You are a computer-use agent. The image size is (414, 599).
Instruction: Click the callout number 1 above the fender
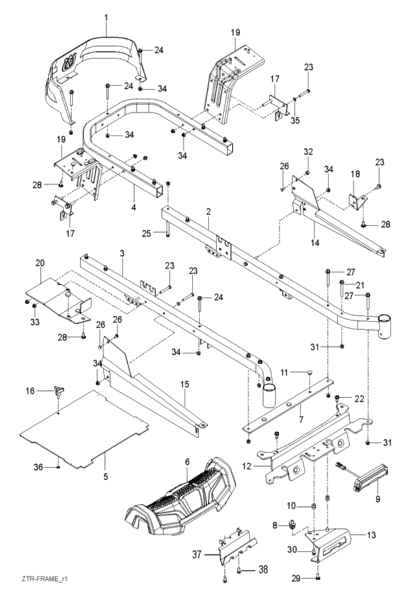click(106, 18)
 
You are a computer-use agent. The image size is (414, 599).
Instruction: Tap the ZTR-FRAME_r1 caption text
click(44, 579)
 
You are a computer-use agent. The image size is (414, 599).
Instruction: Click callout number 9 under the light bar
click(378, 499)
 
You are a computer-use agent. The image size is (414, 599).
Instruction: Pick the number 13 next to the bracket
click(371, 534)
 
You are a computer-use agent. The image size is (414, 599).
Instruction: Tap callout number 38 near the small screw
click(262, 570)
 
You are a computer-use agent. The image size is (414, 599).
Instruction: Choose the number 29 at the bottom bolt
click(296, 579)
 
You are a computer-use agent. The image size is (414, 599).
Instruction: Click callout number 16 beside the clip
click(30, 391)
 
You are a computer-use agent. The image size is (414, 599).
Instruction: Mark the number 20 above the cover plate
click(40, 263)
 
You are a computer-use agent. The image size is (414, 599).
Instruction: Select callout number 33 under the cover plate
click(35, 322)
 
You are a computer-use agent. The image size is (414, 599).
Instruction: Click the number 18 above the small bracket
click(355, 174)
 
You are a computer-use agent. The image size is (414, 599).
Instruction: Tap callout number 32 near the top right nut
click(308, 152)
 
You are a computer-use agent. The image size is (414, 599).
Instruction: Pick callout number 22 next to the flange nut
click(359, 398)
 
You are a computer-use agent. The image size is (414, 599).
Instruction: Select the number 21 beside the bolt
click(360, 285)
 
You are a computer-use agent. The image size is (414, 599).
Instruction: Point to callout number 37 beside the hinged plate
click(197, 554)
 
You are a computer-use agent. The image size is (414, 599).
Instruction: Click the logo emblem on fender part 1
click(69, 62)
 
